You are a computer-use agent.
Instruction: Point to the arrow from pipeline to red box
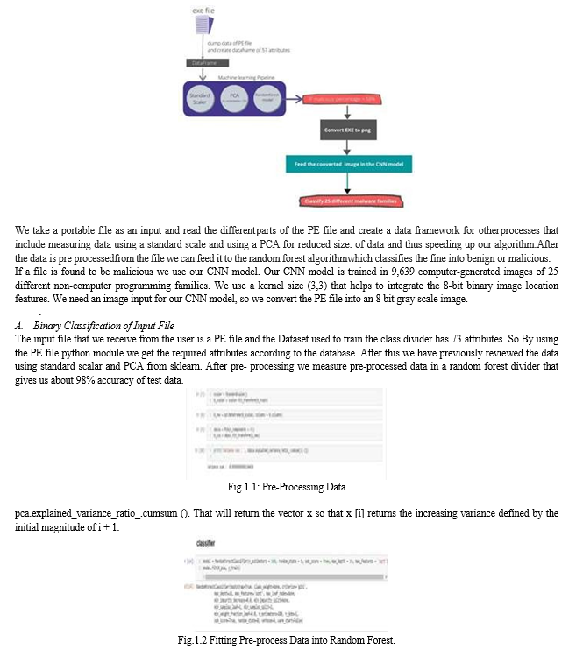click(x=298, y=101)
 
